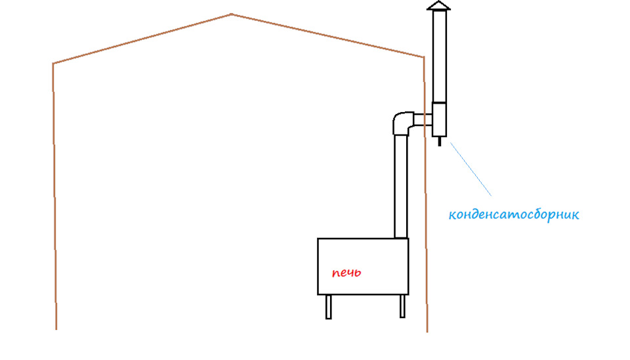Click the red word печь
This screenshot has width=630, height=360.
[x=346, y=273]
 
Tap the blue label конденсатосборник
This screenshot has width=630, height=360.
[x=514, y=214]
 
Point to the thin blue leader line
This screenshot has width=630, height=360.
[x=471, y=169]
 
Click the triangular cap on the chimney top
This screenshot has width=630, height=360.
[x=439, y=6]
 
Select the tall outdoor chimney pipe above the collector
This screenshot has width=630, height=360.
[x=439, y=56]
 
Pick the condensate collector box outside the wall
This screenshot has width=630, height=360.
[x=439, y=119]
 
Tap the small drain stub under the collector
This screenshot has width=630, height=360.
[x=439, y=142]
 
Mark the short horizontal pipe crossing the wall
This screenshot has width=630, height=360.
[x=423, y=120]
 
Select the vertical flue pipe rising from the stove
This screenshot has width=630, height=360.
[x=400, y=187]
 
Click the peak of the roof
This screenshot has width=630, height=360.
[x=232, y=14]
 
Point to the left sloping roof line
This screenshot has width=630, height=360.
[x=142, y=39]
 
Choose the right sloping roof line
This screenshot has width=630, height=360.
[x=327, y=35]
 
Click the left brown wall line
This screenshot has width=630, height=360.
[x=54, y=196]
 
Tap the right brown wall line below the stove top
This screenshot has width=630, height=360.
[x=427, y=285]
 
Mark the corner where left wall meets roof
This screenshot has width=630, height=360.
[x=53, y=64]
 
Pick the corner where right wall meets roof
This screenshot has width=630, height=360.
[x=424, y=58]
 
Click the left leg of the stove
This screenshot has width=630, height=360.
[x=329, y=307]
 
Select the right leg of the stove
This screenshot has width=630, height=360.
[x=402, y=306]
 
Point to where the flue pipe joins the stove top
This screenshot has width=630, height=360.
[x=400, y=239]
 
